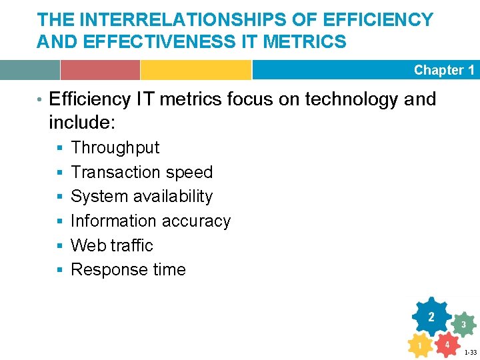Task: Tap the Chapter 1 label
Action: coord(443,70)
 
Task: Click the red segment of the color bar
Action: coord(100,70)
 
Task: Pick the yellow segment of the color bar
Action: coord(195,70)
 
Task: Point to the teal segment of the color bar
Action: coord(30,70)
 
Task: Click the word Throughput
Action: coord(115,147)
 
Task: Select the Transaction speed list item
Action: coord(141,172)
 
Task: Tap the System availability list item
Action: coord(141,197)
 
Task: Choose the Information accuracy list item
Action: coord(151,221)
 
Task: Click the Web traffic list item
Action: coord(112,245)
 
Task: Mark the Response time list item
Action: coord(128,270)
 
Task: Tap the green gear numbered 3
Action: coord(463,325)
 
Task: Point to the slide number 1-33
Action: coord(470,352)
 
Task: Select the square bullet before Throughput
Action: coord(59,148)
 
